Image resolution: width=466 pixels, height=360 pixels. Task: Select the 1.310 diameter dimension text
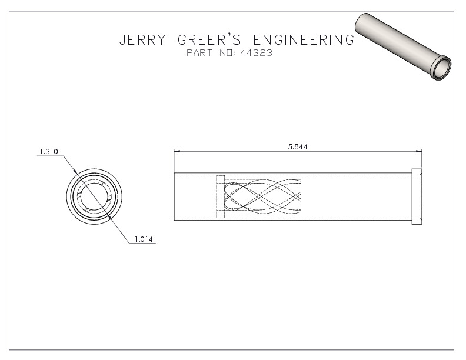[x=48, y=152]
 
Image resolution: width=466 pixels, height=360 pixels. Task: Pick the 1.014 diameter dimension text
[x=145, y=239]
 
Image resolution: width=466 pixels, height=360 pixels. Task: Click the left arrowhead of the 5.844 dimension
[x=177, y=152]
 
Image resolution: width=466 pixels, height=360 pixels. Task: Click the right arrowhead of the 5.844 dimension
[x=419, y=152]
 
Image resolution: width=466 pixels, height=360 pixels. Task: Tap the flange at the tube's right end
[x=417, y=196]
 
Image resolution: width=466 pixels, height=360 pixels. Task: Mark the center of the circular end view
[x=95, y=196]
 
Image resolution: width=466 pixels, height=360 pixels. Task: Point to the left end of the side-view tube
[x=175, y=196]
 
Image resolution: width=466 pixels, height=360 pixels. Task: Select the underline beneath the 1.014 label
[x=145, y=244]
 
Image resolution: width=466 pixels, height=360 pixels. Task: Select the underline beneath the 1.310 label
[x=48, y=156]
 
